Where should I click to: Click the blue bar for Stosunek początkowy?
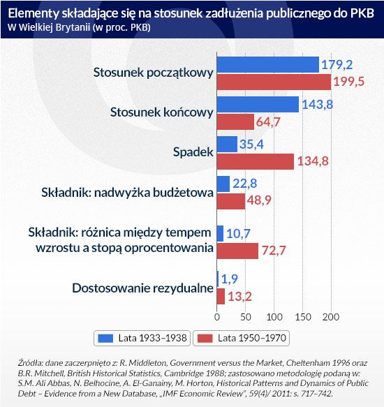tap(268, 65)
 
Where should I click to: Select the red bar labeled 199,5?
tap(274, 82)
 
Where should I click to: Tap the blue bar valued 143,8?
tap(258, 104)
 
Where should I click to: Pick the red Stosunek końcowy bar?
tap(235, 121)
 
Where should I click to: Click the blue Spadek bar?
tap(227, 145)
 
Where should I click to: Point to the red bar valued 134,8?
tap(256, 161)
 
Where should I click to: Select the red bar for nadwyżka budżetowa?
tap(231, 201)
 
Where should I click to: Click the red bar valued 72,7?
tap(237, 251)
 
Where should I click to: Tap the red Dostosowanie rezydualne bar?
tap(221, 297)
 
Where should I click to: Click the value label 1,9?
tap(230, 279)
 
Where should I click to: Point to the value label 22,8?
tap(245, 183)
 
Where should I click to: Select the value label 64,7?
tap(268, 122)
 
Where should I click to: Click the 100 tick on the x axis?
tap(274, 317)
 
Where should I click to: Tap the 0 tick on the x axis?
tap(217, 317)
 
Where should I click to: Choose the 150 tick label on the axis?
tap(303, 317)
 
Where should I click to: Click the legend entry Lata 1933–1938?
tap(142, 338)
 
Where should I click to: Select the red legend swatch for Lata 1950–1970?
tap(205, 338)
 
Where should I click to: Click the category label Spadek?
tap(193, 152)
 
